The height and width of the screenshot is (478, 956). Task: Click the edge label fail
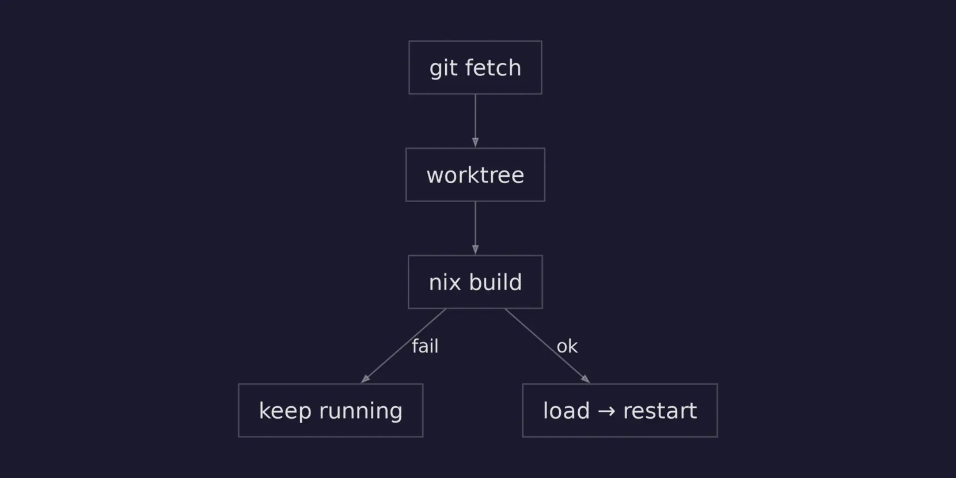pos(425,346)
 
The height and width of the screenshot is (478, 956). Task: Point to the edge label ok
pos(567,346)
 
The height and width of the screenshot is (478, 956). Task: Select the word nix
pos(445,282)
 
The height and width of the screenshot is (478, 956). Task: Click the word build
pos(495,282)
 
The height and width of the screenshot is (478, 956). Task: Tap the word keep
pos(284,411)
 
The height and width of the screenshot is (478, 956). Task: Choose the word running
pos(361,411)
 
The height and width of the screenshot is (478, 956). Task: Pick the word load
pos(566,411)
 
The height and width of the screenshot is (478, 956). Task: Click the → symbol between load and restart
pos(606,411)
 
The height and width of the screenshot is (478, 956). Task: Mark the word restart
pos(660,411)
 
